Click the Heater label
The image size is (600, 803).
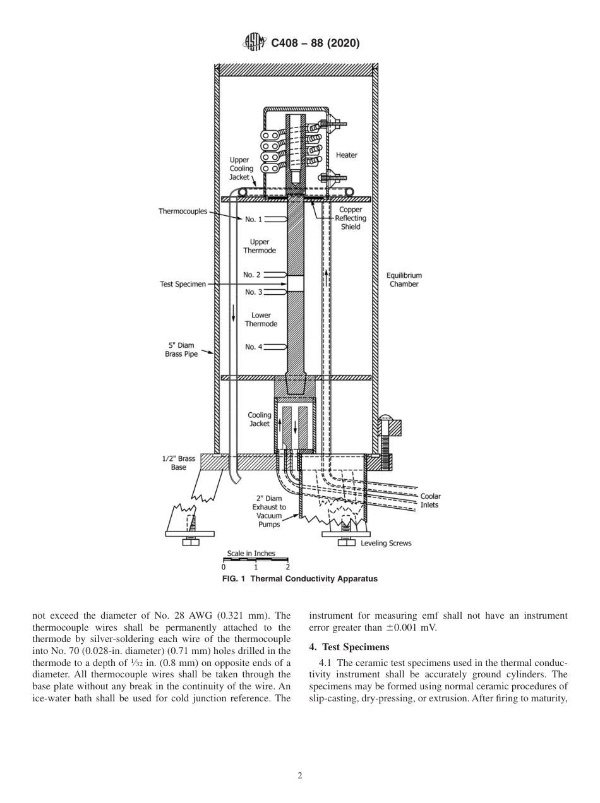point(346,155)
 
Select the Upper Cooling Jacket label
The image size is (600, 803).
point(241,169)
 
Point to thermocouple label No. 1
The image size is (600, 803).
point(253,219)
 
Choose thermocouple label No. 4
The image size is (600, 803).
point(253,347)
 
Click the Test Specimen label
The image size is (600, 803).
point(183,284)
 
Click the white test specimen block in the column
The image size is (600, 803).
point(296,283)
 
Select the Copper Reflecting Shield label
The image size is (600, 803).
point(351,218)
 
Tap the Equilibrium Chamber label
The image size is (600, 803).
point(404,280)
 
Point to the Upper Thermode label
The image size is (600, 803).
point(260,246)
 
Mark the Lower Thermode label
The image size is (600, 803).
point(261,319)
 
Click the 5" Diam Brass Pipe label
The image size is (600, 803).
point(181,350)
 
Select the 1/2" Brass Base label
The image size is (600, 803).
point(179,463)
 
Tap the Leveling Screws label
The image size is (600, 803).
point(385,544)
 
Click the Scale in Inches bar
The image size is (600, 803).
point(256,559)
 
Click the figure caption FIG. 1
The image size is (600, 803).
point(300,579)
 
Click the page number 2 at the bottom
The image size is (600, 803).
point(300,776)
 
